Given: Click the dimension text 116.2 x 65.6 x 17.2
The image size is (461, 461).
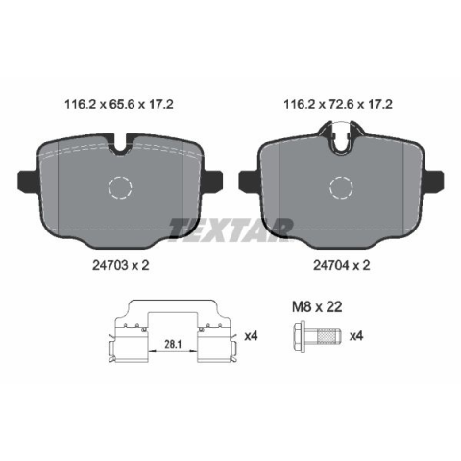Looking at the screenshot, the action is (x=119, y=104).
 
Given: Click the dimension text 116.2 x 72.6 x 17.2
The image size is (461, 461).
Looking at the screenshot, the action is (x=338, y=104).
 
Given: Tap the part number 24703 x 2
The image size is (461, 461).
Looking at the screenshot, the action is (x=121, y=265).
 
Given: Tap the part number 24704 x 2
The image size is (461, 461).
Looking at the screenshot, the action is (x=342, y=265).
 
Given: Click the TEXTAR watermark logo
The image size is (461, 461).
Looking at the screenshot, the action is (x=231, y=229).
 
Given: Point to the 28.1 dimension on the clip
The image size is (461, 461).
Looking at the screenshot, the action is (x=173, y=344).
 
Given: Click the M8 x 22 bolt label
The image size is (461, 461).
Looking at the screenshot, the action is (x=317, y=307).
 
